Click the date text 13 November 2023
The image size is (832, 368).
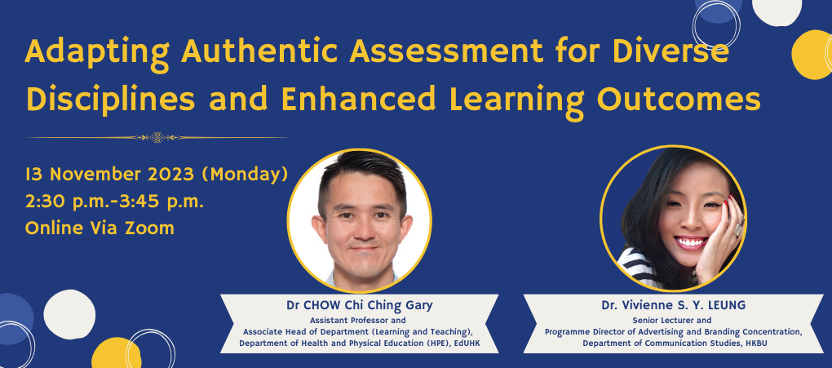tap(110, 174)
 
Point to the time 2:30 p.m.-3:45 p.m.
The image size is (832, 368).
tap(115, 202)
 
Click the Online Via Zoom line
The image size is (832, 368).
tap(100, 228)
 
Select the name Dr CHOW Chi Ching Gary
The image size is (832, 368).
tap(359, 305)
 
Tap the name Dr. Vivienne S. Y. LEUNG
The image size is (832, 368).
tap(673, 305)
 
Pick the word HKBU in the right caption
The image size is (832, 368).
tap(754, 343)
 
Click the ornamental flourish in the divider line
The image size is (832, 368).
tap(157, 138)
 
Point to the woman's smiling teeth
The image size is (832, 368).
tap(690, 242)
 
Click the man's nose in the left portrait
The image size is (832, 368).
tap(361, 228)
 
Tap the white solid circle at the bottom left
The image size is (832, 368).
tap(69, 314)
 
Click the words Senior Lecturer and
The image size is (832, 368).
tap(672, 320)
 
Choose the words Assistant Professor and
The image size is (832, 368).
tap(358, 320)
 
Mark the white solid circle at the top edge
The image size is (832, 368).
tap(777, 11)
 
